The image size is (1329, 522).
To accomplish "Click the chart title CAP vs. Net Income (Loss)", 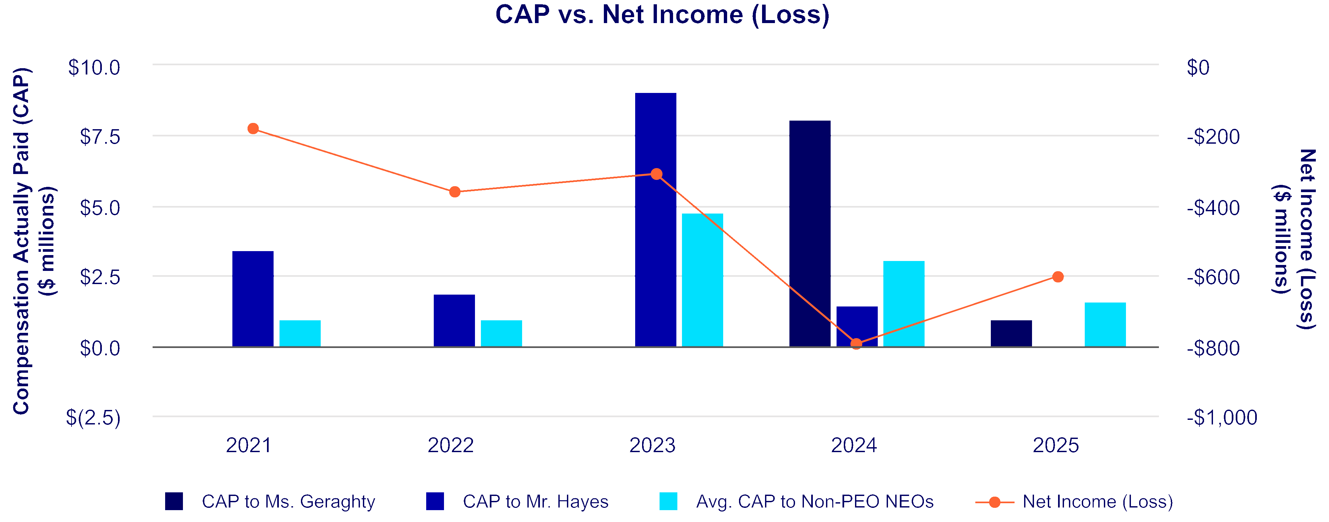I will (x=663, y=14).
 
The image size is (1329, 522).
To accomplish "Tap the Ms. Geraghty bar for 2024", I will (x=810, y=233).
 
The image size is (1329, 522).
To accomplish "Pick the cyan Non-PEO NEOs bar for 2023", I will (x=702, y=279).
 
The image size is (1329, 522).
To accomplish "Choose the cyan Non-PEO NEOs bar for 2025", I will (x=1105, y=325).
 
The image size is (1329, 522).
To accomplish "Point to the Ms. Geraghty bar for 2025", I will (x=1011, y=333).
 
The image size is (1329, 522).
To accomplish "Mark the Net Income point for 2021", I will (x=253, y=129).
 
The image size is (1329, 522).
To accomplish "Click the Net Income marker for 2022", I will (x=455, y=192).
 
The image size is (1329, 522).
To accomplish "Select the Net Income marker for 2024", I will (x=856, y=343).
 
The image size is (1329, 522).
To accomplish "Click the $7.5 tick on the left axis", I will (x=100, y=137).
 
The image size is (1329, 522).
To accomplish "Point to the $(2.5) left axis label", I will (x=93, y=417).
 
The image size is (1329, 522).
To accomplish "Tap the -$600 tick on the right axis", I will (x=1213, y=277).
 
